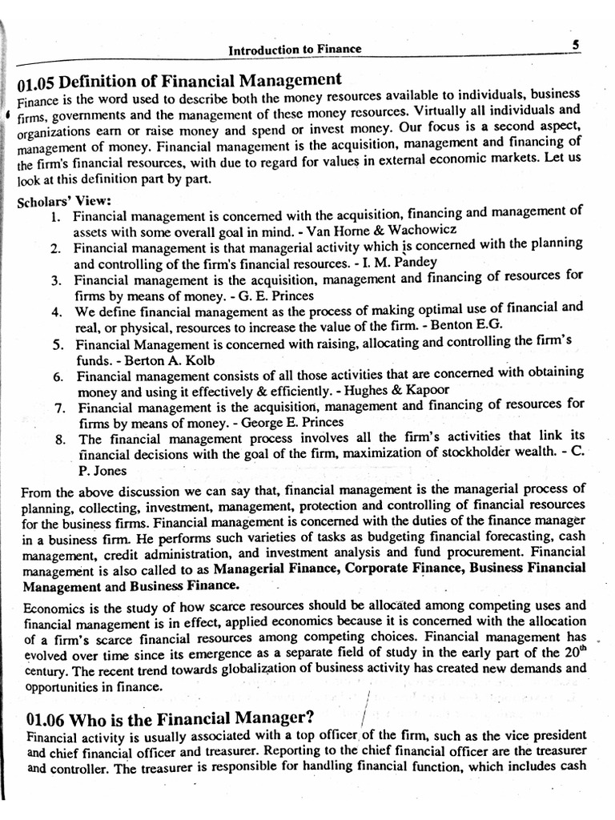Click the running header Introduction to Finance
click(295, 50)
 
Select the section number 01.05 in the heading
click(36, 82)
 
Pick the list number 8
click(60, 439)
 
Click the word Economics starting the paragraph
click(49, 606)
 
